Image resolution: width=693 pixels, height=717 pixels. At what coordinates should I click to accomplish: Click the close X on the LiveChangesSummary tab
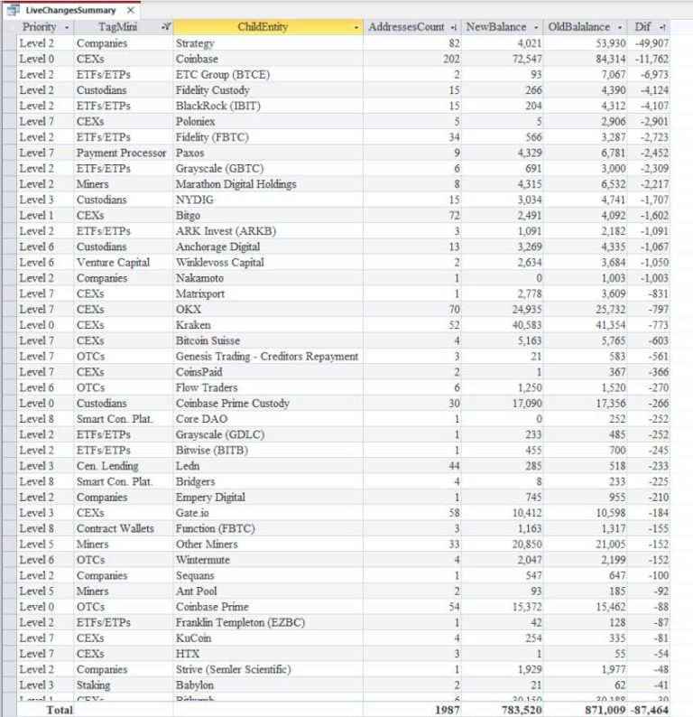click(x=130, y=9)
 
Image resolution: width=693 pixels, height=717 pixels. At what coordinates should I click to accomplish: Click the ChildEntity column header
click(x=263, y=27)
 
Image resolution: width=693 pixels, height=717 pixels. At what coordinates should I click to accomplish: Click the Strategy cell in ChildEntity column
click(x=195, y=43)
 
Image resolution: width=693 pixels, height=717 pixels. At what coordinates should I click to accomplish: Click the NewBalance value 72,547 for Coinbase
click(x=522, y=59)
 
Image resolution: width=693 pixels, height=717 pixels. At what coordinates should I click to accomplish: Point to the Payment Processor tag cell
click(x=121, y=153)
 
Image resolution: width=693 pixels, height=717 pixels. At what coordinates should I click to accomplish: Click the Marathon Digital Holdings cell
click(x=236, y=184)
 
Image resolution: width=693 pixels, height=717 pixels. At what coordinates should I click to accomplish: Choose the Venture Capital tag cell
click(x=113, y=263)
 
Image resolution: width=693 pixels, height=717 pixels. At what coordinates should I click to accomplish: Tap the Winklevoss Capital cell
click(x=220, y=263)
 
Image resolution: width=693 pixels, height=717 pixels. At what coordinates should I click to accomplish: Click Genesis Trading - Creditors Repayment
click(x=266, y=357)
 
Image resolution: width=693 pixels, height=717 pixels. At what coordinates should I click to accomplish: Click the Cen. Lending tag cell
click(x=107, y=466)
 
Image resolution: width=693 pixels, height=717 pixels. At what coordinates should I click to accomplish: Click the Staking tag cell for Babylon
click(x=95, y=684)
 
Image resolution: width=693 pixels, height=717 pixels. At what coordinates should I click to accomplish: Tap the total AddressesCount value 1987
click(x=447, y=710)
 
